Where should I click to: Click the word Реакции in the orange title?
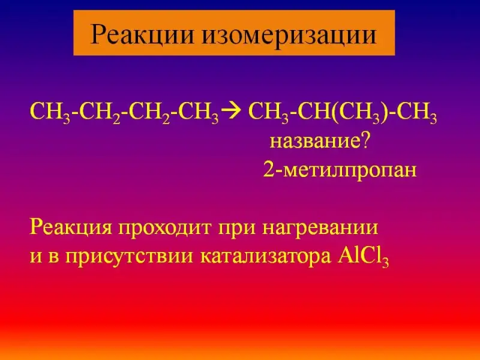click(x=142, y=34)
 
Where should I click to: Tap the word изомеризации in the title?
click(x=289, y=34)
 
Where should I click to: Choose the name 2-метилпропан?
click(x=340, y=170)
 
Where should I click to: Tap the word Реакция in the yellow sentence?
click(x=71, y=228)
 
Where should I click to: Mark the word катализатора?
click(x=266, y=257)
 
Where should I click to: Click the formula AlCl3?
click(x=364, y=257)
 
